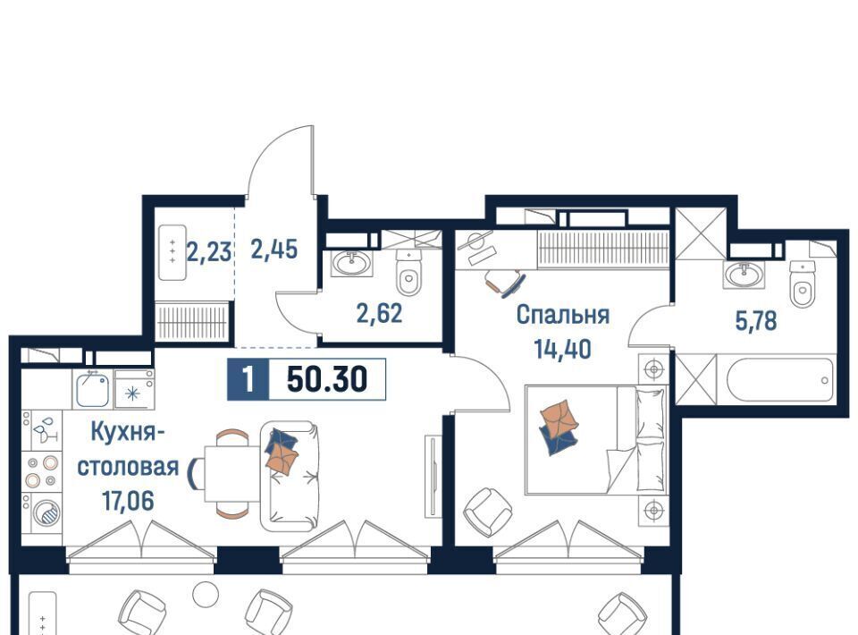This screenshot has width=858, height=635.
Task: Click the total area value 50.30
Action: tap(327, 379)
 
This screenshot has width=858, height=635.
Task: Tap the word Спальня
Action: tap(562, 315)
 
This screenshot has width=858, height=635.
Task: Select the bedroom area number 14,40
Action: tap(563, 348)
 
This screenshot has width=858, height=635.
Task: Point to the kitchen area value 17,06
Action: tap(128, 500)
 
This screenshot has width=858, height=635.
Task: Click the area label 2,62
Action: tap(379, 313)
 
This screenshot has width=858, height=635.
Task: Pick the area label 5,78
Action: tap(756, 321)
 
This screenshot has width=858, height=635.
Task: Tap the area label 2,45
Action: tap(274, 249)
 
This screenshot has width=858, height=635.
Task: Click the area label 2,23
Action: tap(209, 253)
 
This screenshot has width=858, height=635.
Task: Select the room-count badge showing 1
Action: tap(248, 379)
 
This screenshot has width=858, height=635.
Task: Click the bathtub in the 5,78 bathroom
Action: tap(780, 379)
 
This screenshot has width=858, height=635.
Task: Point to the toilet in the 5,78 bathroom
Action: tap(803, 284)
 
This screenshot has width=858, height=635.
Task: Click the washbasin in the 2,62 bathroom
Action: tap(350, 264)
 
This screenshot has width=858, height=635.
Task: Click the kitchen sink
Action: tap(92, 389)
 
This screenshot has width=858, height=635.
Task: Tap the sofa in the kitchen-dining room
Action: tap(290, 476)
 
